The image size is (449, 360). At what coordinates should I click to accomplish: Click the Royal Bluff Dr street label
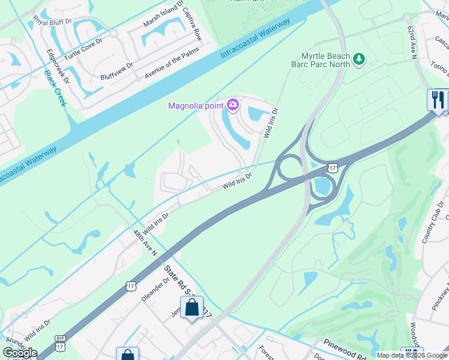point(52,21)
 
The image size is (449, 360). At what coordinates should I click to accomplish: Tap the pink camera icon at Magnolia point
point(232,106)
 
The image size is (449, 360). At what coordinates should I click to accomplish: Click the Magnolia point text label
point(196,106)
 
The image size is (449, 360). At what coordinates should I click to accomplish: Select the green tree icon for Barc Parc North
point(359,59)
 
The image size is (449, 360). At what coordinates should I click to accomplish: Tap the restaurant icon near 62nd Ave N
point(438,99)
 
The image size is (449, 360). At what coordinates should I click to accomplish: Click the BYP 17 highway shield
point(60,340)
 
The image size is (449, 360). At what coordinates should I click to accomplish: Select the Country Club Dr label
point(432,223)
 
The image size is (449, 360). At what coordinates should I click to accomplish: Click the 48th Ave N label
point(145,241)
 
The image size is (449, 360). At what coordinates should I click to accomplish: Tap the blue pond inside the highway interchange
point(324,186)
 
